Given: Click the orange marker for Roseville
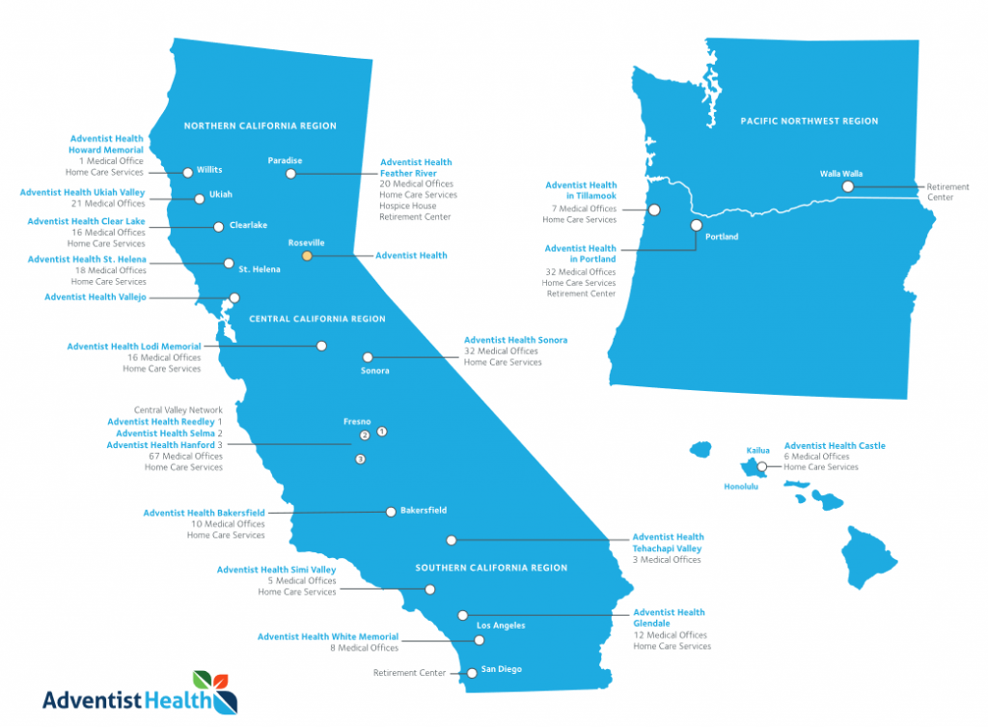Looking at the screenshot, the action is point(307,256).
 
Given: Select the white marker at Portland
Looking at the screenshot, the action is point(696,225).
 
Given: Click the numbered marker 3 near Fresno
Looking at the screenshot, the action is point(360,460).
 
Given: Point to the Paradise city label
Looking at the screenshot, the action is point(285,160).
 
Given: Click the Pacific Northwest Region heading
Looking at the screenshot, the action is point(809,122).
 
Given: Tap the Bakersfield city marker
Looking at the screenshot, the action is point(391,511).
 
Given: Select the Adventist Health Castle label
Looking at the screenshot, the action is point(835,446).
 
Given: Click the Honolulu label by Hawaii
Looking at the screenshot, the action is point(741,487).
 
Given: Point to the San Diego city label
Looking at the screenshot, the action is point(502,669).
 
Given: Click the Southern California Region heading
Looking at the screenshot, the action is point(491,568).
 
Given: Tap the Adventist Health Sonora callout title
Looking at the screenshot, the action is point(515,340).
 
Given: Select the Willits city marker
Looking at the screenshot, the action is point(187,172).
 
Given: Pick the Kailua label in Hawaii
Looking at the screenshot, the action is point(758,451).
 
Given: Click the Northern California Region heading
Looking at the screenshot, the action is point(260,126).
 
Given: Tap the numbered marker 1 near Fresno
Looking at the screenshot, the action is point(381,431).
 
